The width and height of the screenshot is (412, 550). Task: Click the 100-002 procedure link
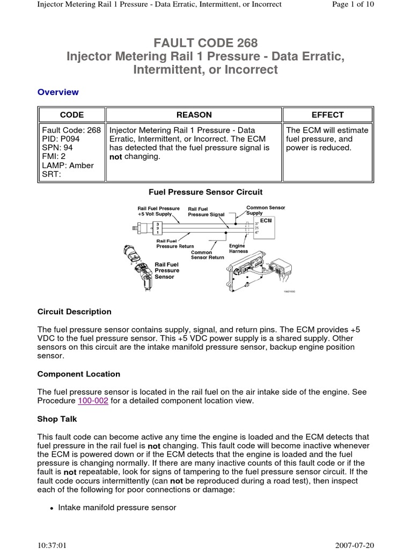(94, 401)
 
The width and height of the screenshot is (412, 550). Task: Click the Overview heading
(58, 92)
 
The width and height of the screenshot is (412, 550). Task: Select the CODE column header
(71, 115)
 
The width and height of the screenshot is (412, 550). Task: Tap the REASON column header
(194, 115)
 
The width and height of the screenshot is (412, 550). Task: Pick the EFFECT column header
(327, 115)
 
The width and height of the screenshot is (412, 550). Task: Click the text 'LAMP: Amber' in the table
(68, 165)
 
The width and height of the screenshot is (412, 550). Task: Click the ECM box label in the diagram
(267, 220)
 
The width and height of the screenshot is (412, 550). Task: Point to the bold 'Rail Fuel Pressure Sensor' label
(167, 271)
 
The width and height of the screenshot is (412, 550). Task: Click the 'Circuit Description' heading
(75, 312)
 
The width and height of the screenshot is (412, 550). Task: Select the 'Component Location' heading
(79, 374)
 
